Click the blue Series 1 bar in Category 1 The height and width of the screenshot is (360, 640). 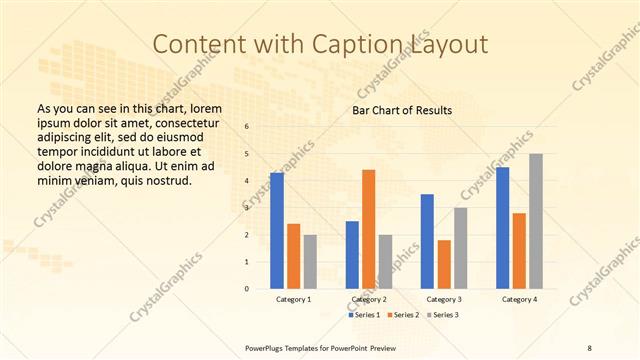(x=277, y=231)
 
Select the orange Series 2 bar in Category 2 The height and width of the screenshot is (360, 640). (x=369, y=229)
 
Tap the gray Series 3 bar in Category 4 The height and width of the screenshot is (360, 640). (x=536, y=221)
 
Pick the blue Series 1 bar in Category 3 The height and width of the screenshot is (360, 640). (x=428, y=241)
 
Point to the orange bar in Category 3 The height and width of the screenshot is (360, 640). (x=444, y=264)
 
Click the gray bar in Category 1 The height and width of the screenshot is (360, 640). (x=310, y=262)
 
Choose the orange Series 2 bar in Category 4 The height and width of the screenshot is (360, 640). (x=519, y=251)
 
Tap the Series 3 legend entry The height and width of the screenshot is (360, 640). (x=443, y=315)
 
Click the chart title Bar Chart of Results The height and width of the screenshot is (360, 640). (x=403, y=110)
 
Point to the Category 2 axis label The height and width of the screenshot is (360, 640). (x=369, y=299)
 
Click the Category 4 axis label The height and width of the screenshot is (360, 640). (x=519, y=299)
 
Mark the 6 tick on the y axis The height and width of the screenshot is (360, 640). (x=247, y=127)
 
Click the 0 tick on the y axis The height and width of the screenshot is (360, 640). (x=247, y=289)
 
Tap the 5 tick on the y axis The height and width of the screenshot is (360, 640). (x=247, y=154)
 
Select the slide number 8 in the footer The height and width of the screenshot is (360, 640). (x=589, y=347)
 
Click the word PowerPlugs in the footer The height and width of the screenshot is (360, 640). (x=267, y=347)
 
